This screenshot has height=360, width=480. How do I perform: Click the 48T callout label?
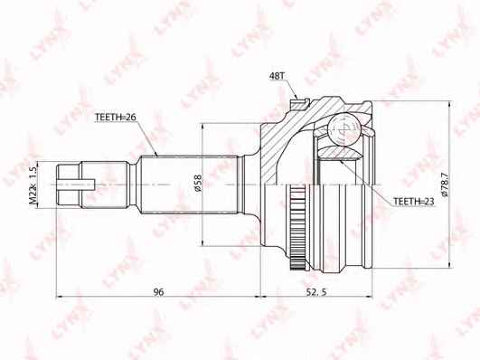[x=277, y=76]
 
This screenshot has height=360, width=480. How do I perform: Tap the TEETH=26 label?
[x=116, y=117]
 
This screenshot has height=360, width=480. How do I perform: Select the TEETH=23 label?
[x=414, y=202]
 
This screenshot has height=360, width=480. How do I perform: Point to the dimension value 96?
[x=158, y=292]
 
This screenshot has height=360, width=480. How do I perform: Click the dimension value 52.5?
[x=315, y=292]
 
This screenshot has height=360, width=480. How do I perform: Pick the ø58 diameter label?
[x=198, y=184]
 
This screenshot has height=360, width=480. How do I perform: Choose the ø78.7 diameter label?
[x=445, y=185]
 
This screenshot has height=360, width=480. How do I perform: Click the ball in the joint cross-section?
[x=344, y=129]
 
